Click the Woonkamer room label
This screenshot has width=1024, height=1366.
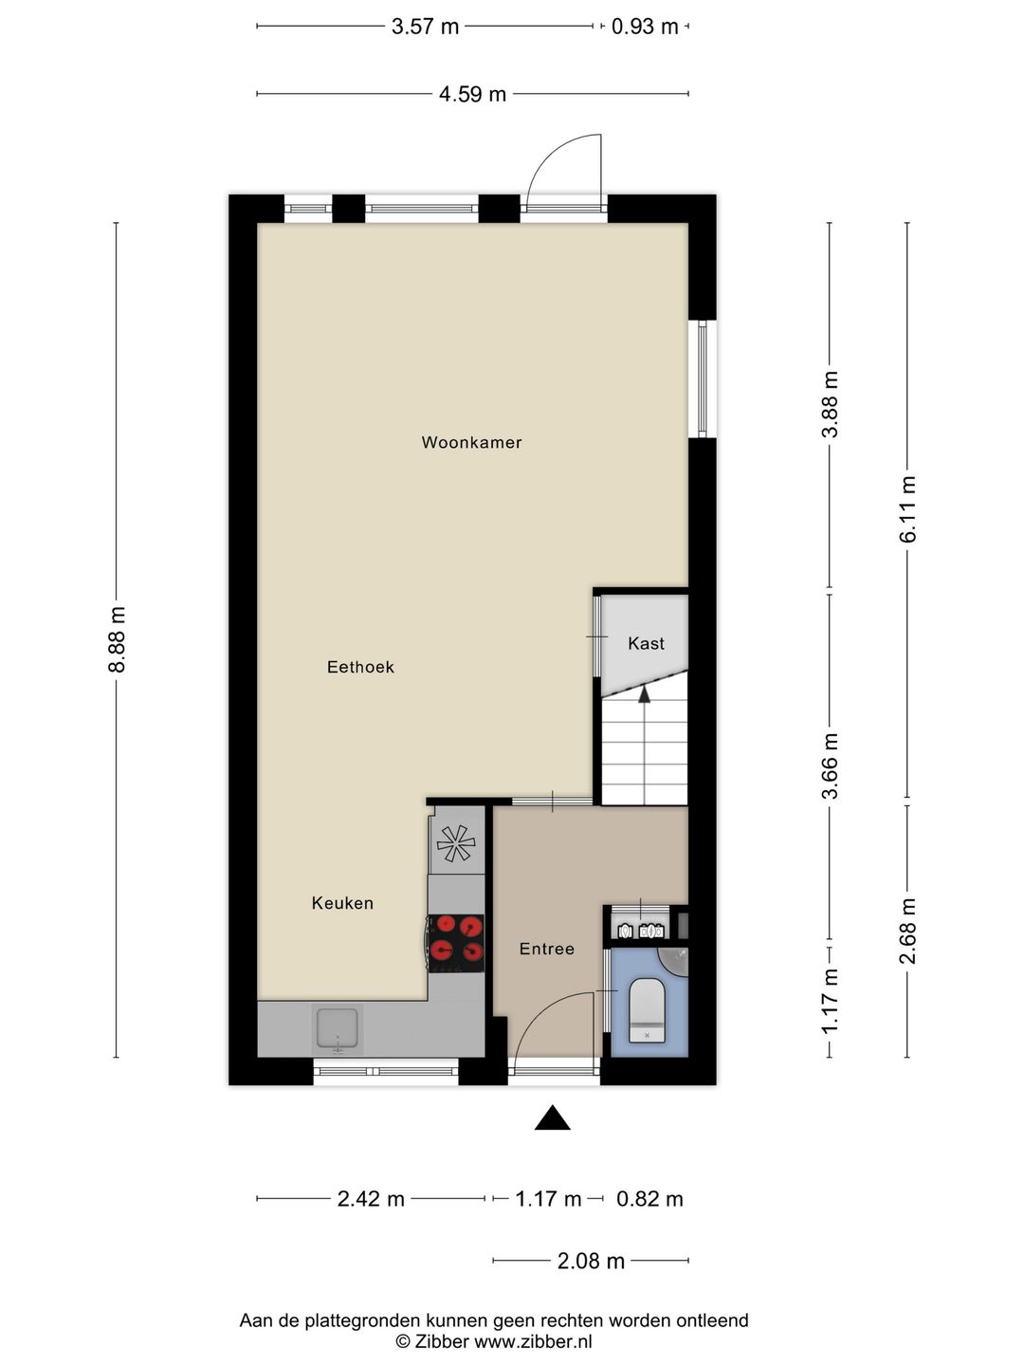tap(471, 442)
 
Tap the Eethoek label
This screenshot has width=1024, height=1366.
tap(360, 667)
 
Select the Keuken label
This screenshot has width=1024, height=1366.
tap(342, 903)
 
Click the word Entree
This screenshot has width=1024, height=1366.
tap(547, 949)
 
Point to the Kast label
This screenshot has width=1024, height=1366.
tap(646, 643)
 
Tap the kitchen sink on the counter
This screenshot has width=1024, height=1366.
tap(338, 1029)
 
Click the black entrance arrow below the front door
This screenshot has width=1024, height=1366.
tap(552, 1118)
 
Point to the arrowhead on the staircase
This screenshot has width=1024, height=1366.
tap(645, 693)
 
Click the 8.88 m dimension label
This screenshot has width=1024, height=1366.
tap(117, 639)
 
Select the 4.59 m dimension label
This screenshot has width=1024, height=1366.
tap(472, 94)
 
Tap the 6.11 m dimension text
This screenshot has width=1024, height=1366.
tap(908, 508)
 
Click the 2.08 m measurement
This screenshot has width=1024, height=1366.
tap(591, 1261)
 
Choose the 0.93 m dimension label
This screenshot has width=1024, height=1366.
tap(645, 27)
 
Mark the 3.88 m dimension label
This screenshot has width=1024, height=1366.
tap(830, 404)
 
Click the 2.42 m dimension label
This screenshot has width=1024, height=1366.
tap(371, 1199)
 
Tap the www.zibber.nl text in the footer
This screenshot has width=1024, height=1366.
tap(533, 1341)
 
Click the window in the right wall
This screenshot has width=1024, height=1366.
tap(703, 378)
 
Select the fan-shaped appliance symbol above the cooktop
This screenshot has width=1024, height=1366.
tap(455, 842)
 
